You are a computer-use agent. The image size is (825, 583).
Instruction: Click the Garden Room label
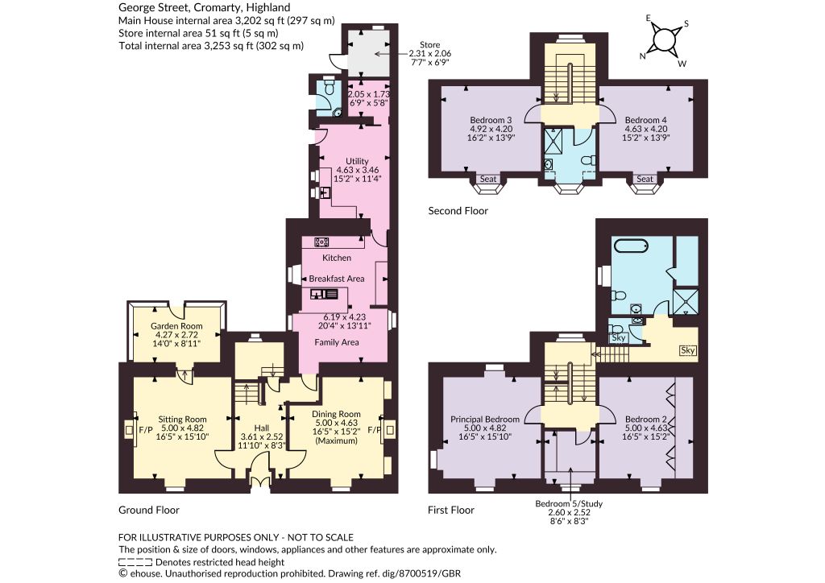[176, 326]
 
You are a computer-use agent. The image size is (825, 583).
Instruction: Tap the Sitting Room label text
[182, 420]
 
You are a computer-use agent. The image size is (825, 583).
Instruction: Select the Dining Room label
[336, 414]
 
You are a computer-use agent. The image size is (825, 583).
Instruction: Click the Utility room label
[357, 161]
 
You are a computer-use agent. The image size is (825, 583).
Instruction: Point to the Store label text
[430, 44]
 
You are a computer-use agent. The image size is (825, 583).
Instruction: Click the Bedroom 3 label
[491, 120]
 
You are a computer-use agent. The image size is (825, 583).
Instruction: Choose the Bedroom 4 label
[646, 120]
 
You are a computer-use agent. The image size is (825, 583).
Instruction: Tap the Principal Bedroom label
[484, 420]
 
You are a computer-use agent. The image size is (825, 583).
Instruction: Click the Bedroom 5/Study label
[569, 503]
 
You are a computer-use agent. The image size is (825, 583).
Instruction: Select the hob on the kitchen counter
[322, 242]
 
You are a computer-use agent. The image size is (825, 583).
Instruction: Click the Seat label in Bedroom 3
[487, 179]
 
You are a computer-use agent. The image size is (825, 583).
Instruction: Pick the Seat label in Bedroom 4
[645, 179]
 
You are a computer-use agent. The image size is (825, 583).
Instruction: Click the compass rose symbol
[664, 40]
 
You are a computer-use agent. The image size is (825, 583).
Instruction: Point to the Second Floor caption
[458, 211]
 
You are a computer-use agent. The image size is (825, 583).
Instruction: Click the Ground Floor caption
[149, 510]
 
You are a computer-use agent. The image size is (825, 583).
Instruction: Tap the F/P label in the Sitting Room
[145, 430]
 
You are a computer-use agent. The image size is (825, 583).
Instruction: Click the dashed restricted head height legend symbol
[135, 562]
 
